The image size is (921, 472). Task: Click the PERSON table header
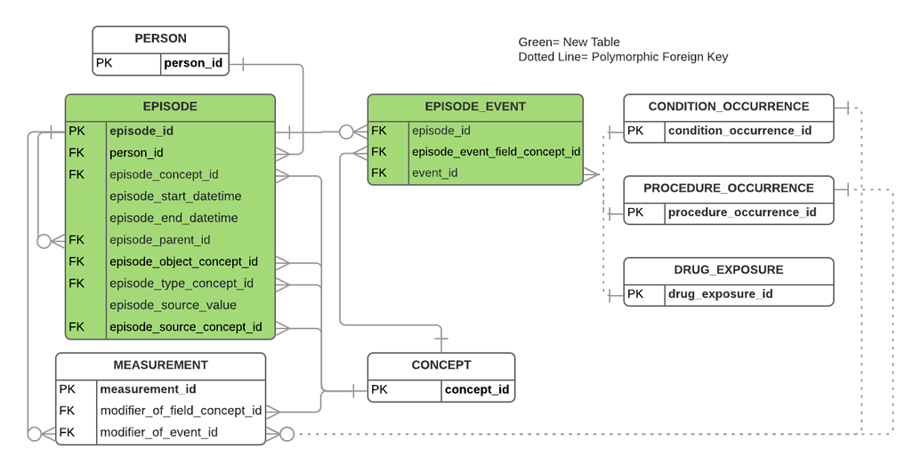click(160, 39)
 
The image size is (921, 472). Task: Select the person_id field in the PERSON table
click(193, 63)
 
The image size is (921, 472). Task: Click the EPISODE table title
click(170, 107)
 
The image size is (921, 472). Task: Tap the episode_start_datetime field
click(175, 196)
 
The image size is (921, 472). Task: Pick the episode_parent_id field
click(159, 240)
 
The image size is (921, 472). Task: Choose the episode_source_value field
click(173, 305)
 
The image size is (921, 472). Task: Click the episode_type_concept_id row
click(182, 284)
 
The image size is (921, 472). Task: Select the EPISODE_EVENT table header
click(475, 107)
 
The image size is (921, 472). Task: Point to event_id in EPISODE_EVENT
click(434, 173)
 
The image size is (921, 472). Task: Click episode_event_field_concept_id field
click(496, 152)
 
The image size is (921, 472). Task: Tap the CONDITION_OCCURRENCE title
click(729, 107)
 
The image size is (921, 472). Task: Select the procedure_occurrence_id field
click(742, 212)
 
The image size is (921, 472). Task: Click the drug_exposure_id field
click(720, 294)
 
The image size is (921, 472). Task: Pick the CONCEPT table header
click(441, 365)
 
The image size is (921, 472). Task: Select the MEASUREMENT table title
click(160, 365)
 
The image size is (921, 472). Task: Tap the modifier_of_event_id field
click(158, 433)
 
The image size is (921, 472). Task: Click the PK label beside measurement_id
click(68, 389)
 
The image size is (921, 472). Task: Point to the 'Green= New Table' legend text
click(569, 42)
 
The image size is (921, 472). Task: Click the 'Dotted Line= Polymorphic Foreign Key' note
click(623, 57)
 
